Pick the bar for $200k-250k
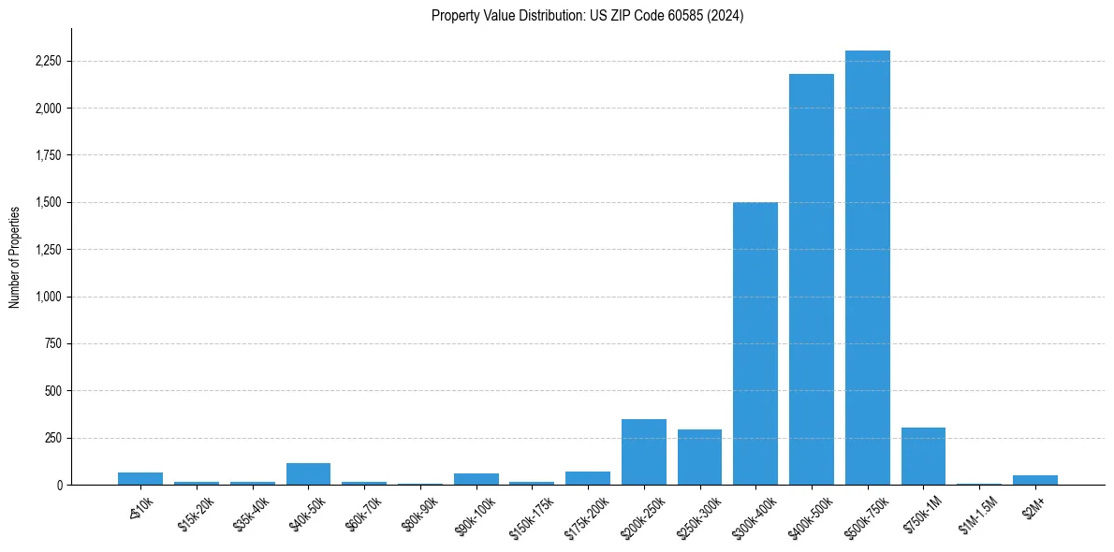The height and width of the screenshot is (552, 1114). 644,452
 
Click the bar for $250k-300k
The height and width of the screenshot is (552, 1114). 699,458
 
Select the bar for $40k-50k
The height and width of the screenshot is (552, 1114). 308,474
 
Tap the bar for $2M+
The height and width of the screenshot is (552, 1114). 1035,480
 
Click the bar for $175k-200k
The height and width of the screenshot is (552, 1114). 588,478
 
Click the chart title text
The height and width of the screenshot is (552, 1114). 588,16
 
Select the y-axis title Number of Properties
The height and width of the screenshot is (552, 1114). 15,256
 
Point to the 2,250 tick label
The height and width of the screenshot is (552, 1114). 47,62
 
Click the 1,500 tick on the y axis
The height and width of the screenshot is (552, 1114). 47,202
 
